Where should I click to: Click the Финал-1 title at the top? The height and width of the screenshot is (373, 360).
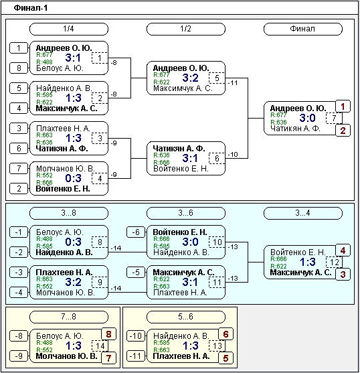(x=31, y=8)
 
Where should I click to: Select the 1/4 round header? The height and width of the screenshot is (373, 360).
(x=69, y=29)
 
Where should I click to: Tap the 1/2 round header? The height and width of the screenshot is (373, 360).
(x=186, y=29)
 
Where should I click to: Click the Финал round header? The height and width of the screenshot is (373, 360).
(x=303, y=29)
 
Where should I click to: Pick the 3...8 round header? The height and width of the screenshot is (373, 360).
(x=69, y=213)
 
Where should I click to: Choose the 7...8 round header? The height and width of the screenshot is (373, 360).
(x=69, y=317)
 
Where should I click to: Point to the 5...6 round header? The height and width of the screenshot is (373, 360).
(x=186, y=317)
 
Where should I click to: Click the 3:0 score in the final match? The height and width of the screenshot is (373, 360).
(x=308, y=118)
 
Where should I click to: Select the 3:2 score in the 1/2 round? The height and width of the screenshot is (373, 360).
(x=190, y=78)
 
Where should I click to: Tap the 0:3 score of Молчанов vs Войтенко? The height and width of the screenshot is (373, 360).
(x=73, y=178)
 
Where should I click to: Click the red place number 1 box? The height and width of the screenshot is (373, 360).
(x=343, y=106)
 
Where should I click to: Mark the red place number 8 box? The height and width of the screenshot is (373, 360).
(x=108, y=334)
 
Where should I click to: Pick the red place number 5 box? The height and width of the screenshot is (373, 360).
(x=226, y=358)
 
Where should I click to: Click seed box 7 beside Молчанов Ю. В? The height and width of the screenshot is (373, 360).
(x=19, y=169)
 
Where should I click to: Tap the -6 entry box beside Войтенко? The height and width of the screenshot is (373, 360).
(x=136, y=232)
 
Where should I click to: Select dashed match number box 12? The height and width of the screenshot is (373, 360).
(x=334, y=262)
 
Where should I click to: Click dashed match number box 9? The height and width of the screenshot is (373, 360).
(x=100, y=282)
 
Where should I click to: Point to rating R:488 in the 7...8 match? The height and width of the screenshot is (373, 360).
(x=44, y=343)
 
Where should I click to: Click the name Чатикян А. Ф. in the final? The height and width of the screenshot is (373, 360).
(x=295, y=129)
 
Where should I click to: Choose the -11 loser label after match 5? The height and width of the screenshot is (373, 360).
(x=233, y=83)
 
